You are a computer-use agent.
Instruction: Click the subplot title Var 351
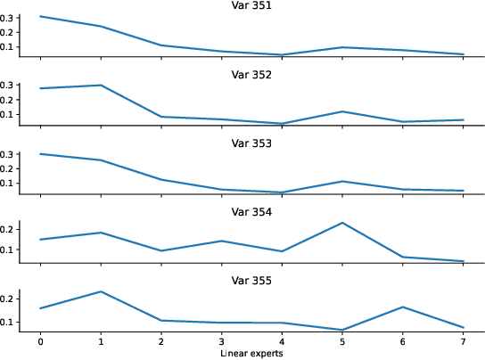[x=251, y=6]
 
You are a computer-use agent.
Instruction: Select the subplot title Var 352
[x=251, y=75]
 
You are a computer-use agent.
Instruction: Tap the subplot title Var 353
[x=251, y=143]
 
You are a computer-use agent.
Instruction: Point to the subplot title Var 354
[x=251, y=212]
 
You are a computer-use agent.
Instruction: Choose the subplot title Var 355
[x=251, y=281]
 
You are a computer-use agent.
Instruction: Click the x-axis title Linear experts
[x=251, y=354]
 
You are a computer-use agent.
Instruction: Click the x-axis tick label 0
[x=40, y=342]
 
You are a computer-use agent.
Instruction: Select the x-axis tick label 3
[x=221, y=342]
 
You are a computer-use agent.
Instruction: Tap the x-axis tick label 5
[x=341, y=342]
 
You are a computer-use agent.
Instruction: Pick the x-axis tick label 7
[x=462, y=342]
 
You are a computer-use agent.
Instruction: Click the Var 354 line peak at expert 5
[x=341, y=223]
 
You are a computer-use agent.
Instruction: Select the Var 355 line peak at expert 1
[x=101, y=291]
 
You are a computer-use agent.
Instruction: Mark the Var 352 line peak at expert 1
[x=101, y=86]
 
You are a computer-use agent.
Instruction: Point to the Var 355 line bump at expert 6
[x=402, y=307]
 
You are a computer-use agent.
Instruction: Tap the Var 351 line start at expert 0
[x=40, y=16]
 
